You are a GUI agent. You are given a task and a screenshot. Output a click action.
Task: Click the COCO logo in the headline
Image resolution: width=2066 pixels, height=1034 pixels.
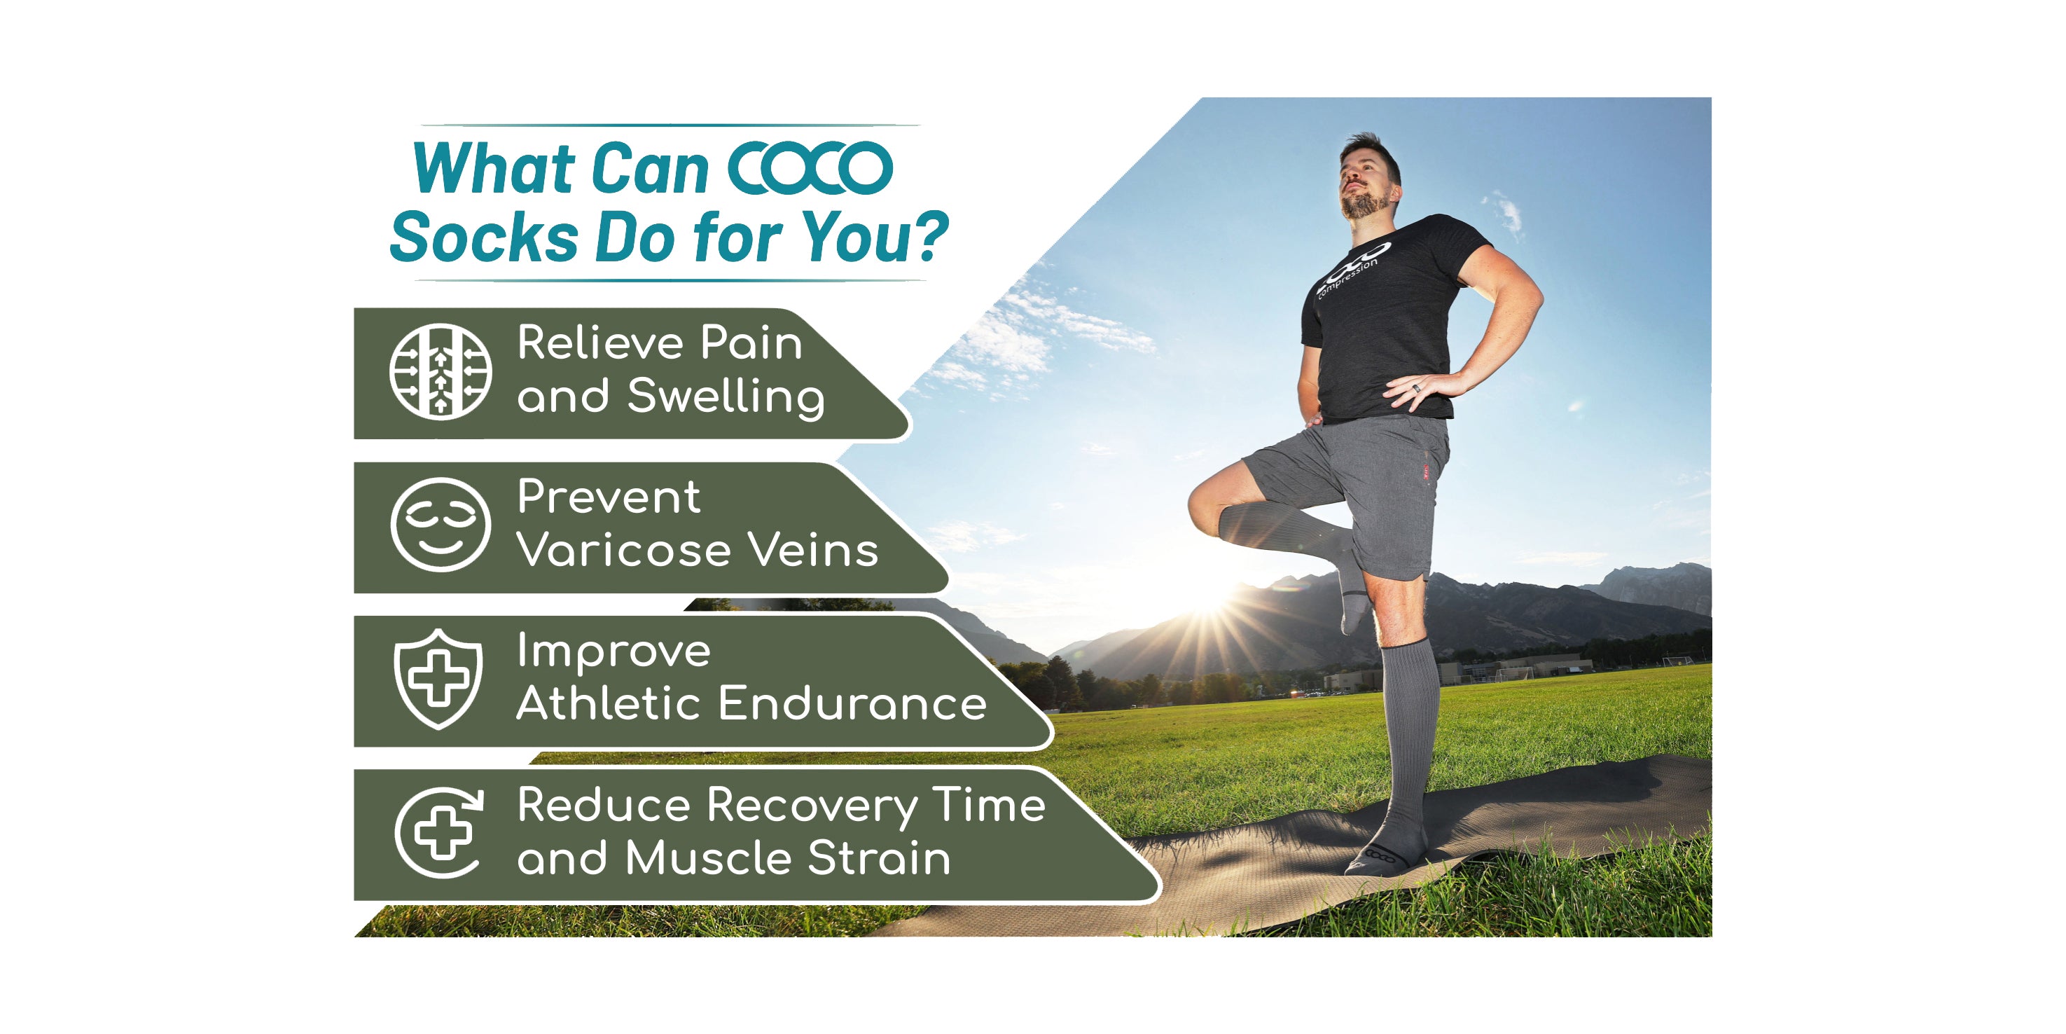(x=810, y=168)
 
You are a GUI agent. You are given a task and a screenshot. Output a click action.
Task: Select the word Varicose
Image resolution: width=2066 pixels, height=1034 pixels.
(x=624, y=551)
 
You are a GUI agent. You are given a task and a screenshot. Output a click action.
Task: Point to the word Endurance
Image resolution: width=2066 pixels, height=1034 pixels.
(x=852, y=703)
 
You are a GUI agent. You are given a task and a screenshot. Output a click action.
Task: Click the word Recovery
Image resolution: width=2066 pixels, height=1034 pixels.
(x=812, y=806)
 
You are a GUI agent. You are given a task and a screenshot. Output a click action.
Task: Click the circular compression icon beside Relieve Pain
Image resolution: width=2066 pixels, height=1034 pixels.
(x=441, y=371)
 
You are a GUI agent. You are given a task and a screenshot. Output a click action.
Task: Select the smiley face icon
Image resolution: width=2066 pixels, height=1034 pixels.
(x=441, y=525)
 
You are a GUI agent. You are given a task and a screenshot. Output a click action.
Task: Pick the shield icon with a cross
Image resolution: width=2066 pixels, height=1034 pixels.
(x=438, y=679)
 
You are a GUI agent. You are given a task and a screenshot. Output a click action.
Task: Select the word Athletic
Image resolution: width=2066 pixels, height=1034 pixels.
(x=611, y=703)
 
